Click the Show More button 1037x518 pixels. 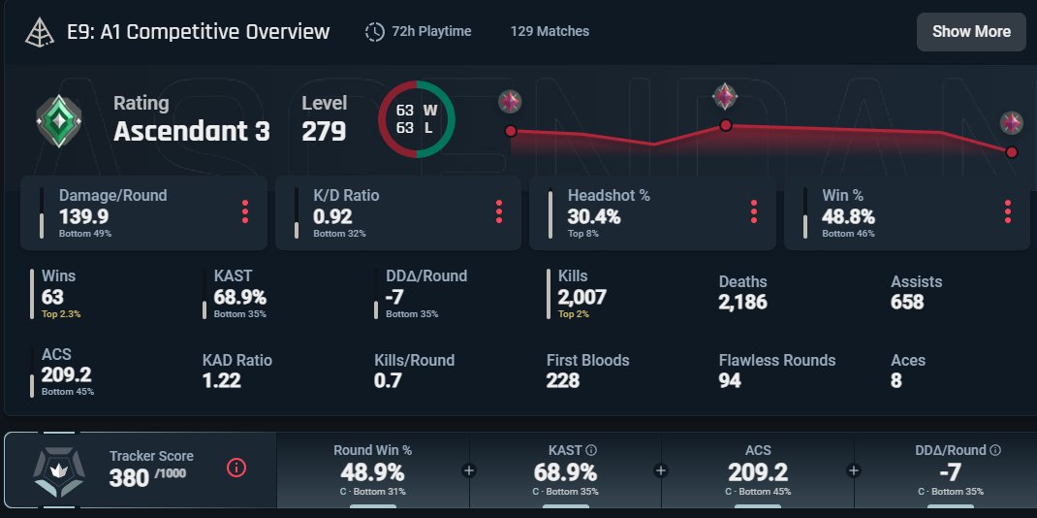pos(971,32)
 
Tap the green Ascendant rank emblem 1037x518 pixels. pos(59,121)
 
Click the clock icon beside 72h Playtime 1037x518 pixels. pos(374,32)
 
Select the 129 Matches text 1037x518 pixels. pos(550,31)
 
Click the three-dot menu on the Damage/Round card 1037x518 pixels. pos(244,211)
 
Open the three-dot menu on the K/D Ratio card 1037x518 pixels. pos(499,211)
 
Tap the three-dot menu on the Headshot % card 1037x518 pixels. pos(753,211)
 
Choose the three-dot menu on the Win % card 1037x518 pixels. pos(1007,211)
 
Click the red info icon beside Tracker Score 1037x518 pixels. pos(236,469)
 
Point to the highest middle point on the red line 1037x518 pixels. pos(726,125)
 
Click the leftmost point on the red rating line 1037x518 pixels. pos(511,131)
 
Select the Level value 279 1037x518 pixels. pos(324,131)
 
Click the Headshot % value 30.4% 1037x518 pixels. pos(594,216)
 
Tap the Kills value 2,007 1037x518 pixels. pos(582,297)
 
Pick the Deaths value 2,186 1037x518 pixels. pos(742,303)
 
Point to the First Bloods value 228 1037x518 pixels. pos(563,380)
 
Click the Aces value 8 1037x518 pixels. pos(896,380)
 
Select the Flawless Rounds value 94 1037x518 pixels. pos(730,380)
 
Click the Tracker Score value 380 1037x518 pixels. pos(129,477)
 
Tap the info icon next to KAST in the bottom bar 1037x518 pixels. pos(591,450)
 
